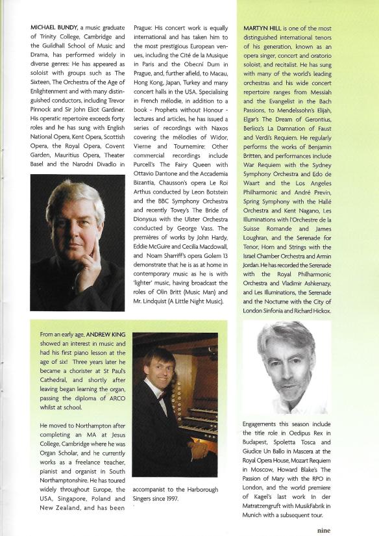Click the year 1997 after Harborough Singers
pyautogui.click(x=185, y=499)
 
